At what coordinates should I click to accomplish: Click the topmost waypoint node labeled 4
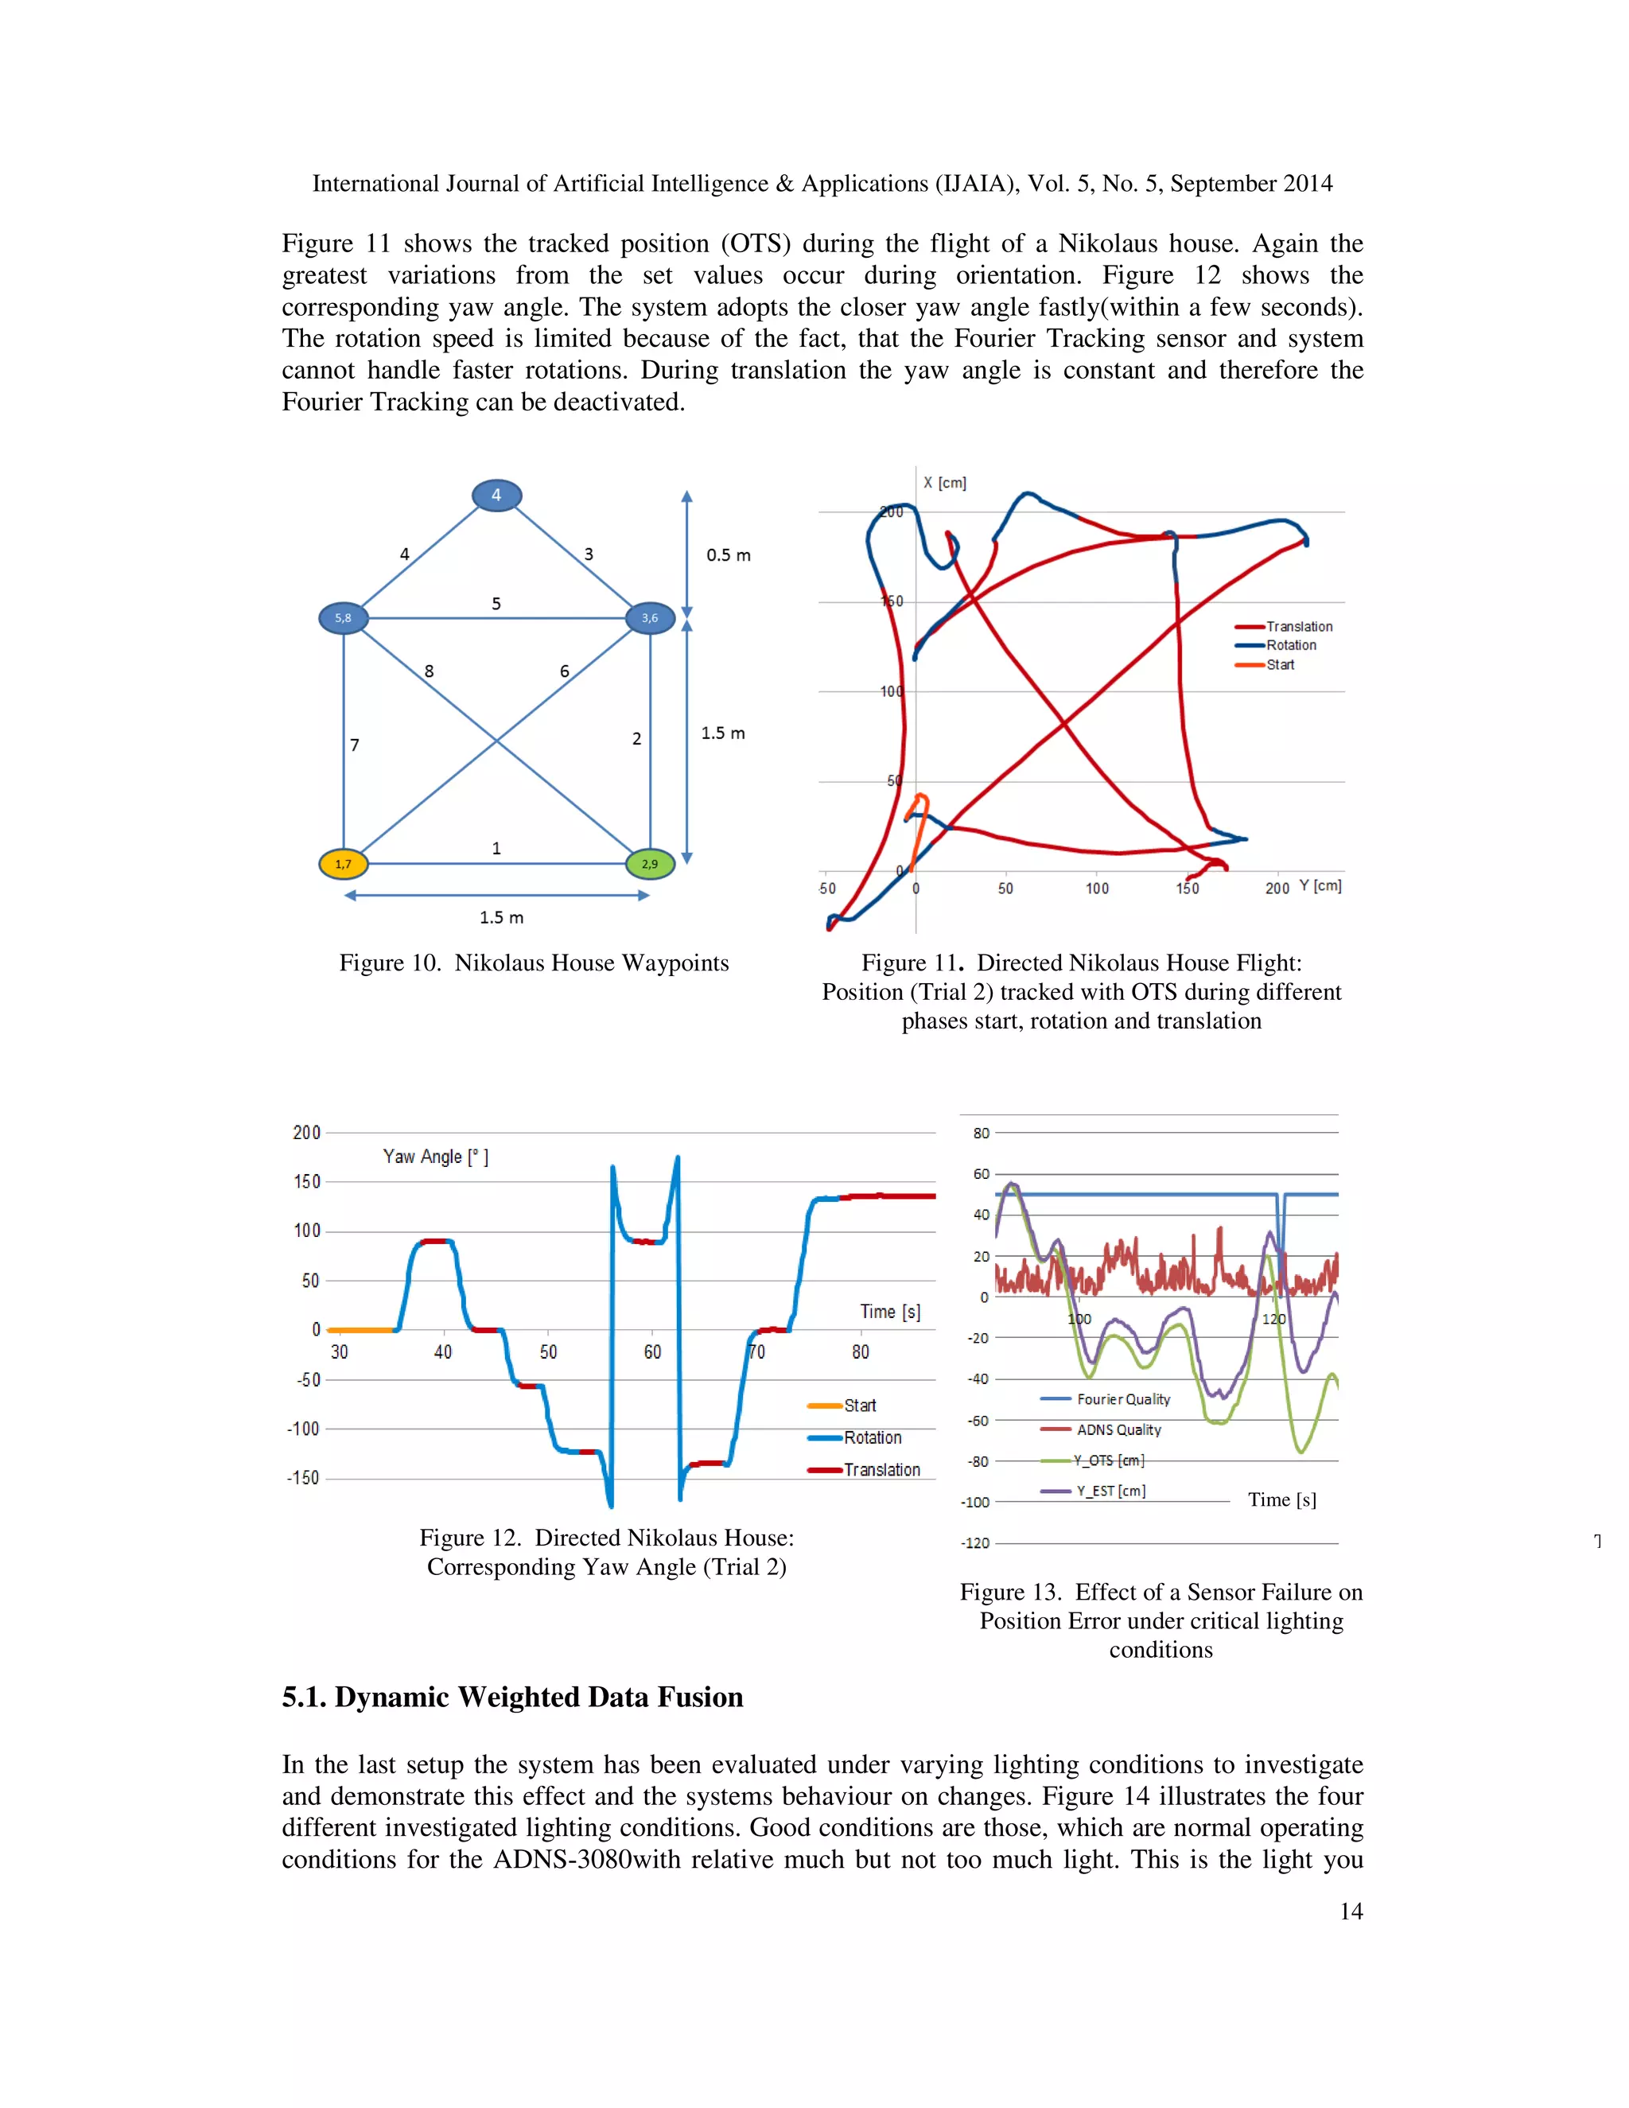496,495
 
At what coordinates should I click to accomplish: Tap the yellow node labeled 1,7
344,864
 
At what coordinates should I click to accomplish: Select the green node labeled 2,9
650,864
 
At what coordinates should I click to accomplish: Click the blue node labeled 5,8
344,618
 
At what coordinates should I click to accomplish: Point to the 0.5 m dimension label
728,555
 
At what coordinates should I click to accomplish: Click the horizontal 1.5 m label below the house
501,917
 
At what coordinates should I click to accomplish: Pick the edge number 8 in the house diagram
430,671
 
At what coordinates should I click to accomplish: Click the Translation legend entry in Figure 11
1298,626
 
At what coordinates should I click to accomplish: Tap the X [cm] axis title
944,483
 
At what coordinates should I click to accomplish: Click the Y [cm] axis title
1320,885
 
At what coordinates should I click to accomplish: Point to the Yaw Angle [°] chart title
435,1157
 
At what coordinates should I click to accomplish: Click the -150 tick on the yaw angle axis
302,1478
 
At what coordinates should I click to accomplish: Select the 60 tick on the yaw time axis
652,1352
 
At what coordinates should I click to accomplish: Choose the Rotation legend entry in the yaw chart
873,1437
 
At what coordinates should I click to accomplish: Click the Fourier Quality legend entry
1122,1398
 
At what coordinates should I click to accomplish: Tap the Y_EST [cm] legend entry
1110,1490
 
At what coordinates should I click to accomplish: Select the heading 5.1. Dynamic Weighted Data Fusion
512,1697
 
